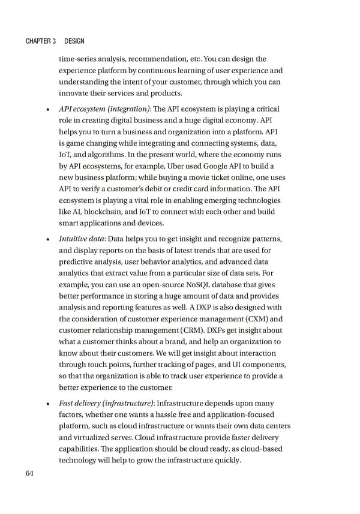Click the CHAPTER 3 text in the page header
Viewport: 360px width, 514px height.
tap(41, 41)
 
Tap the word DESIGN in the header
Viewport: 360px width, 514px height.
tap(74, 41)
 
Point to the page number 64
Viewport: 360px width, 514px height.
tap(30, 474)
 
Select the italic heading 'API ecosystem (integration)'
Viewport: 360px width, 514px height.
tap(104, 109)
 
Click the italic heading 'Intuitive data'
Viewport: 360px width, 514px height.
tap(82, 239)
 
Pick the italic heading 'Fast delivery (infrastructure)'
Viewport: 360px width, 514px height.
tap(106, 404)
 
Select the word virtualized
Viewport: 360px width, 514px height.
tap(94, 438)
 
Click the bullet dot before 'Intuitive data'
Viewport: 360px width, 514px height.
tap(47, 240)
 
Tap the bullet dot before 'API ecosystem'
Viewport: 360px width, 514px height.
tap(47, 109)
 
